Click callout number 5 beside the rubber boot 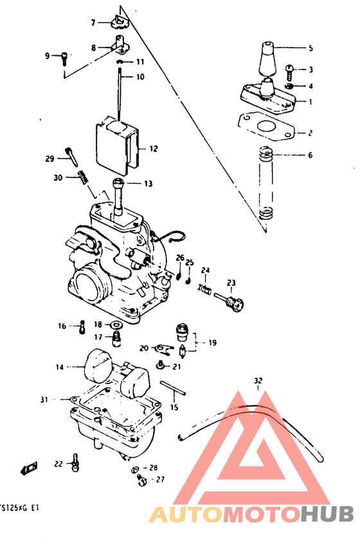pos(310,48)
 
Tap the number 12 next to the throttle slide pos(154,148)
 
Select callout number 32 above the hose pos(258,380)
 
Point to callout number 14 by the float pos(60,367)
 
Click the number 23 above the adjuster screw pos(231,283)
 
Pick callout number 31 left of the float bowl pos(44,400)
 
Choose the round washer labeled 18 pos(116,325)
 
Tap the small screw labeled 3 pos(289,68)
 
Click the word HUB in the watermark pos(327,514)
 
